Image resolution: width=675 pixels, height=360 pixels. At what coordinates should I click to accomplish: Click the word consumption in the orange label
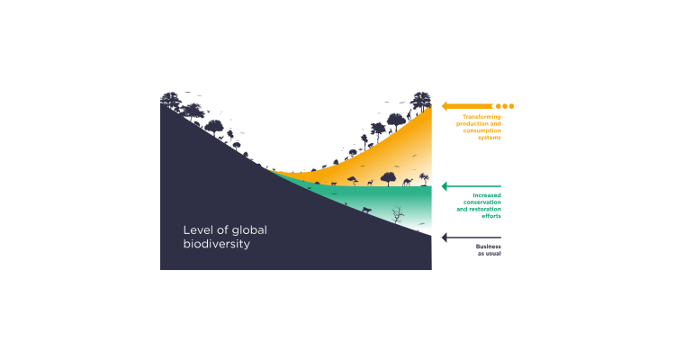482,131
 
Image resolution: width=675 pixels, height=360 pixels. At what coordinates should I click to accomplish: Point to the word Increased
486,196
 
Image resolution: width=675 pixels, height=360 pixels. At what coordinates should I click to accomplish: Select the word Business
489,247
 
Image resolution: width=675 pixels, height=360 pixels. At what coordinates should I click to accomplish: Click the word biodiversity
216,244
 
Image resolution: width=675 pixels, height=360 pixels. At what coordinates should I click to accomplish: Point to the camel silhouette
408,181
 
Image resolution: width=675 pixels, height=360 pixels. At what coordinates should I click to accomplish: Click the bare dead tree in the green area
397,214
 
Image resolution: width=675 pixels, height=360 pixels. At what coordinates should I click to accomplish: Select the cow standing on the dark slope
366,210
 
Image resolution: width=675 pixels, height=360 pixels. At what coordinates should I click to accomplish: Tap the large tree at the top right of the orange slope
421,101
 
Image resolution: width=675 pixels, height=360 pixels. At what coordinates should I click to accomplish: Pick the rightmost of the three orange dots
511,106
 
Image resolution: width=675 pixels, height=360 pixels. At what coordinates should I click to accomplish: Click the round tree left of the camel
388,178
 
